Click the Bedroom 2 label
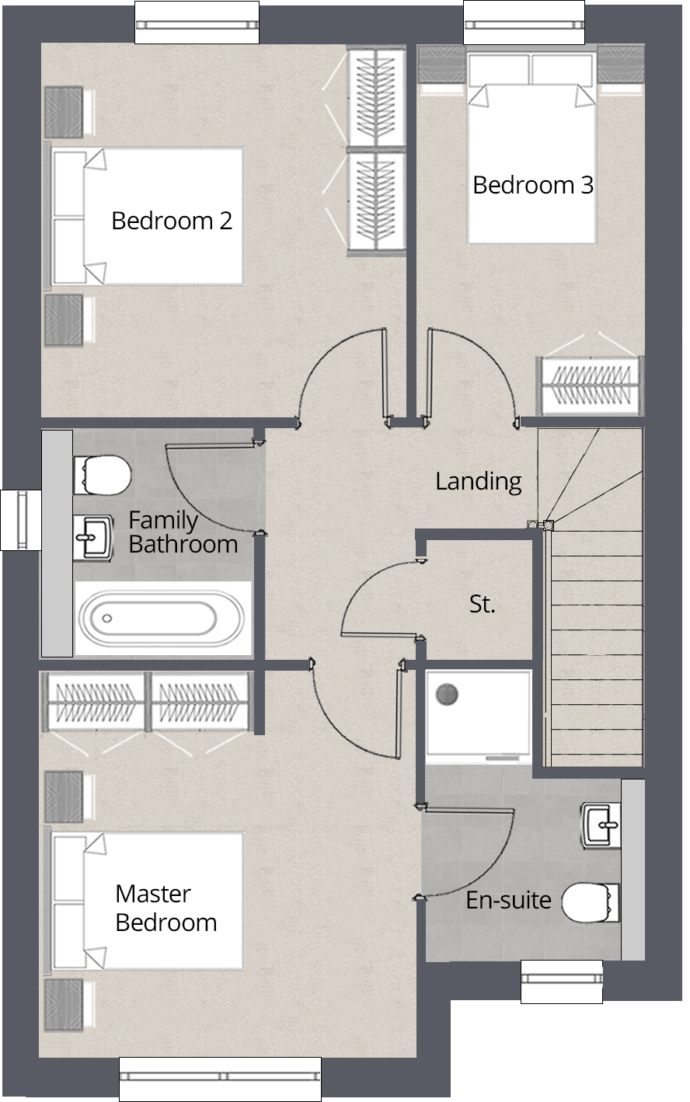point(172,221)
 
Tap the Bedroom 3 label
point(533,186)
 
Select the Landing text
point(479,482)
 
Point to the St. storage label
point(482,604)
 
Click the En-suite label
point(508,900)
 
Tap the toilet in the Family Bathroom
point(103,476)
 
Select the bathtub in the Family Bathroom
point(162,618)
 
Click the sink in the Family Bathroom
point(92,538)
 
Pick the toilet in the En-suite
point(591,903)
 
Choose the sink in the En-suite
point(601,826)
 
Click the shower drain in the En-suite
point(447,695)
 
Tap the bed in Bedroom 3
point(531,149)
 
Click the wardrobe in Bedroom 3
point(590,385)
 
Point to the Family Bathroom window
point(21,519)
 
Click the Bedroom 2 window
point(197,23)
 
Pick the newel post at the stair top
point(548,525)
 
